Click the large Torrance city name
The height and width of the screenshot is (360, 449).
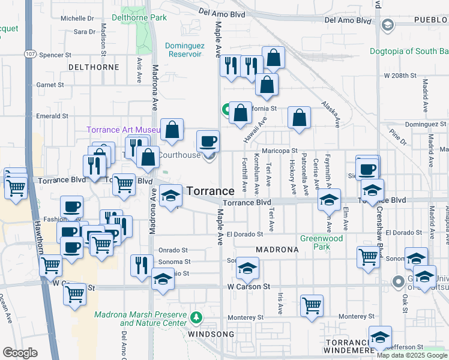coord(210,191)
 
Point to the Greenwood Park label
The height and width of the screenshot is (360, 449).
coord(322,242)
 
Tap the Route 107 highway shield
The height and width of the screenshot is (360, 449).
coord(30,54)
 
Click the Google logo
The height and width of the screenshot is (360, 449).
coord(20,353)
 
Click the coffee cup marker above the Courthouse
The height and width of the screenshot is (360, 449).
coord(208,142)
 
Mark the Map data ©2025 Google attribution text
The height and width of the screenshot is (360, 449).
coord(412,355)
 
